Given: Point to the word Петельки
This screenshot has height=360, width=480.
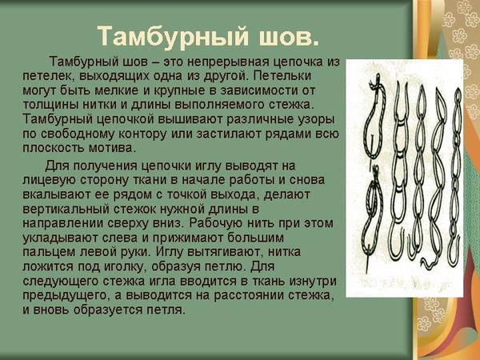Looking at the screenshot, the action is coord(282,76).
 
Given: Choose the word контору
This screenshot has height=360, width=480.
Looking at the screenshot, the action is coord(142,134).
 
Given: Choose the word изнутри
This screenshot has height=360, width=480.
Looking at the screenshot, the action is coord(312,282).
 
